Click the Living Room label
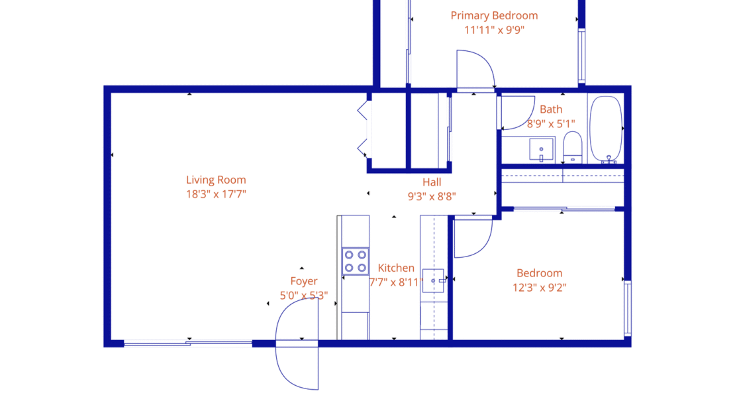(x=216, y=180)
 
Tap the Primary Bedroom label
(x=494, y=16)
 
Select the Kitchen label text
(x=396, y=268)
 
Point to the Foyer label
(x=304, y=281)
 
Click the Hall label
(x=432, y=182)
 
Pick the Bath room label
(x=551, y=109)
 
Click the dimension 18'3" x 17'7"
(x=216, y=194)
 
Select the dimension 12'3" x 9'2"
(x=540, y=287)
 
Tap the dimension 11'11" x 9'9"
(x=494, y=30)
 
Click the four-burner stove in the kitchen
(x=355, y=261)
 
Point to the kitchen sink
(x=434, y=281)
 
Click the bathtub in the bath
(x=605, y=129)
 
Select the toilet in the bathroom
(x=572, y=147)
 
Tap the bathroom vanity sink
(x=542, y=150)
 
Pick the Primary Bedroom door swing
(x=474, y=70)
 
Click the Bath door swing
(x=516, y=113)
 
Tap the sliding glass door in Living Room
(x=188, y=343)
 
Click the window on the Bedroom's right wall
(x=628, y=308)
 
